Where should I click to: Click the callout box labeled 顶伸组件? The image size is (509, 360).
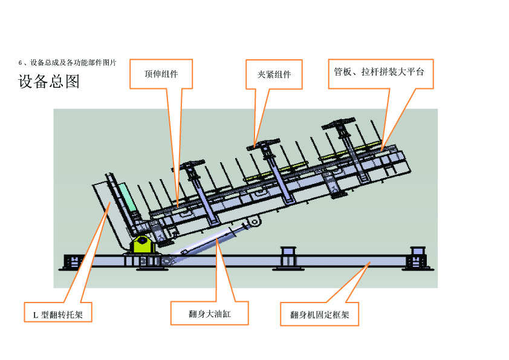(x=161, y=74)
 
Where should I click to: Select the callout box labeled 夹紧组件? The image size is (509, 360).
(x=274, y=74)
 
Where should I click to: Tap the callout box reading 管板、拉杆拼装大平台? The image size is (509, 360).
(x=380, y=72)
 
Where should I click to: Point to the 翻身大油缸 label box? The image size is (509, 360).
(x=209, y=313)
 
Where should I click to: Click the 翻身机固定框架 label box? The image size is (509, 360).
(x=319, y=314)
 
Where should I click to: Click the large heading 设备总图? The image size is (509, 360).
(x=49, y=82)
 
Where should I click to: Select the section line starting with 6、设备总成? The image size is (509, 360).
(x=67, y=62)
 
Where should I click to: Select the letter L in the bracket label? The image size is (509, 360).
(x=35, y=315)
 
